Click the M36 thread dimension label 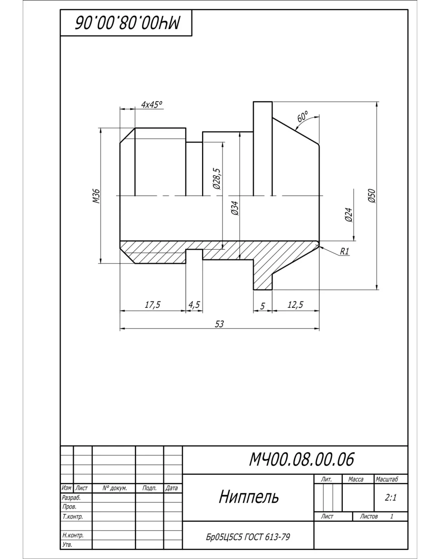tap(96, 196)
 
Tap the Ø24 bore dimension tap(349, 215)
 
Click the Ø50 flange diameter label tap(371, 196)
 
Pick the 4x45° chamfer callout tap(151, 105)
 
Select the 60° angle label tap(303, 116)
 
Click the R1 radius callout tap(345, 251)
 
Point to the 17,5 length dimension tap(152, 304)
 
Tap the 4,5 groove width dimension tap(194, 304)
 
